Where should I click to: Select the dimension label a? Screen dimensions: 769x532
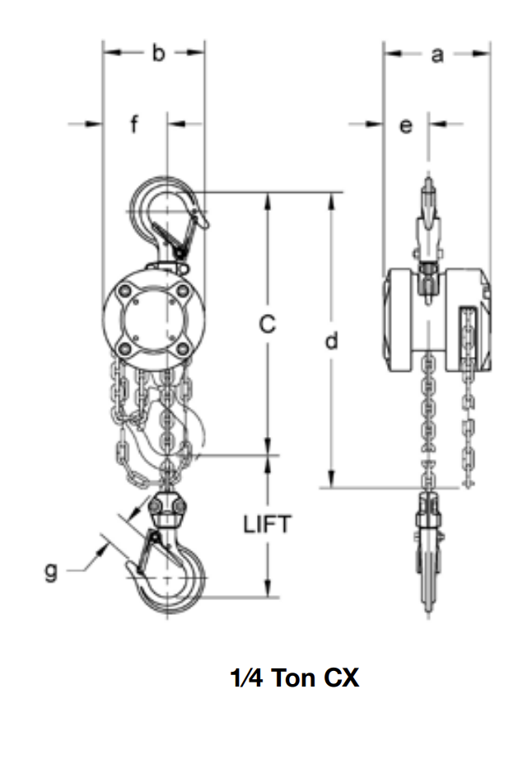pyautogui.click(x=438, y=54)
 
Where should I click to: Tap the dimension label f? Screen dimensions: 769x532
pyautogui.click(x=134, y=125)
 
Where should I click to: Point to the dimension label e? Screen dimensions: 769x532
pyautogui.click(x=405, y=125)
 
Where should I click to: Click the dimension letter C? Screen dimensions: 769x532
pyautogui.click(x=266, y=325)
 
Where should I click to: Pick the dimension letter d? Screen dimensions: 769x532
pyautogui.click(x=331, y=340)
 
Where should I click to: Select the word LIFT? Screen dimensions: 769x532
pyautogui.click(x=267, y=524)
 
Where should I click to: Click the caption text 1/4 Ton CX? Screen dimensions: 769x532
pyautogui.click(x=294, y=678)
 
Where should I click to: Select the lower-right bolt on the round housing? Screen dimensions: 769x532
pyautogui.click(x=182, y=349)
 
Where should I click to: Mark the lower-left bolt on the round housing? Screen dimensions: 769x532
pyautogui.click(x=125, y=349)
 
